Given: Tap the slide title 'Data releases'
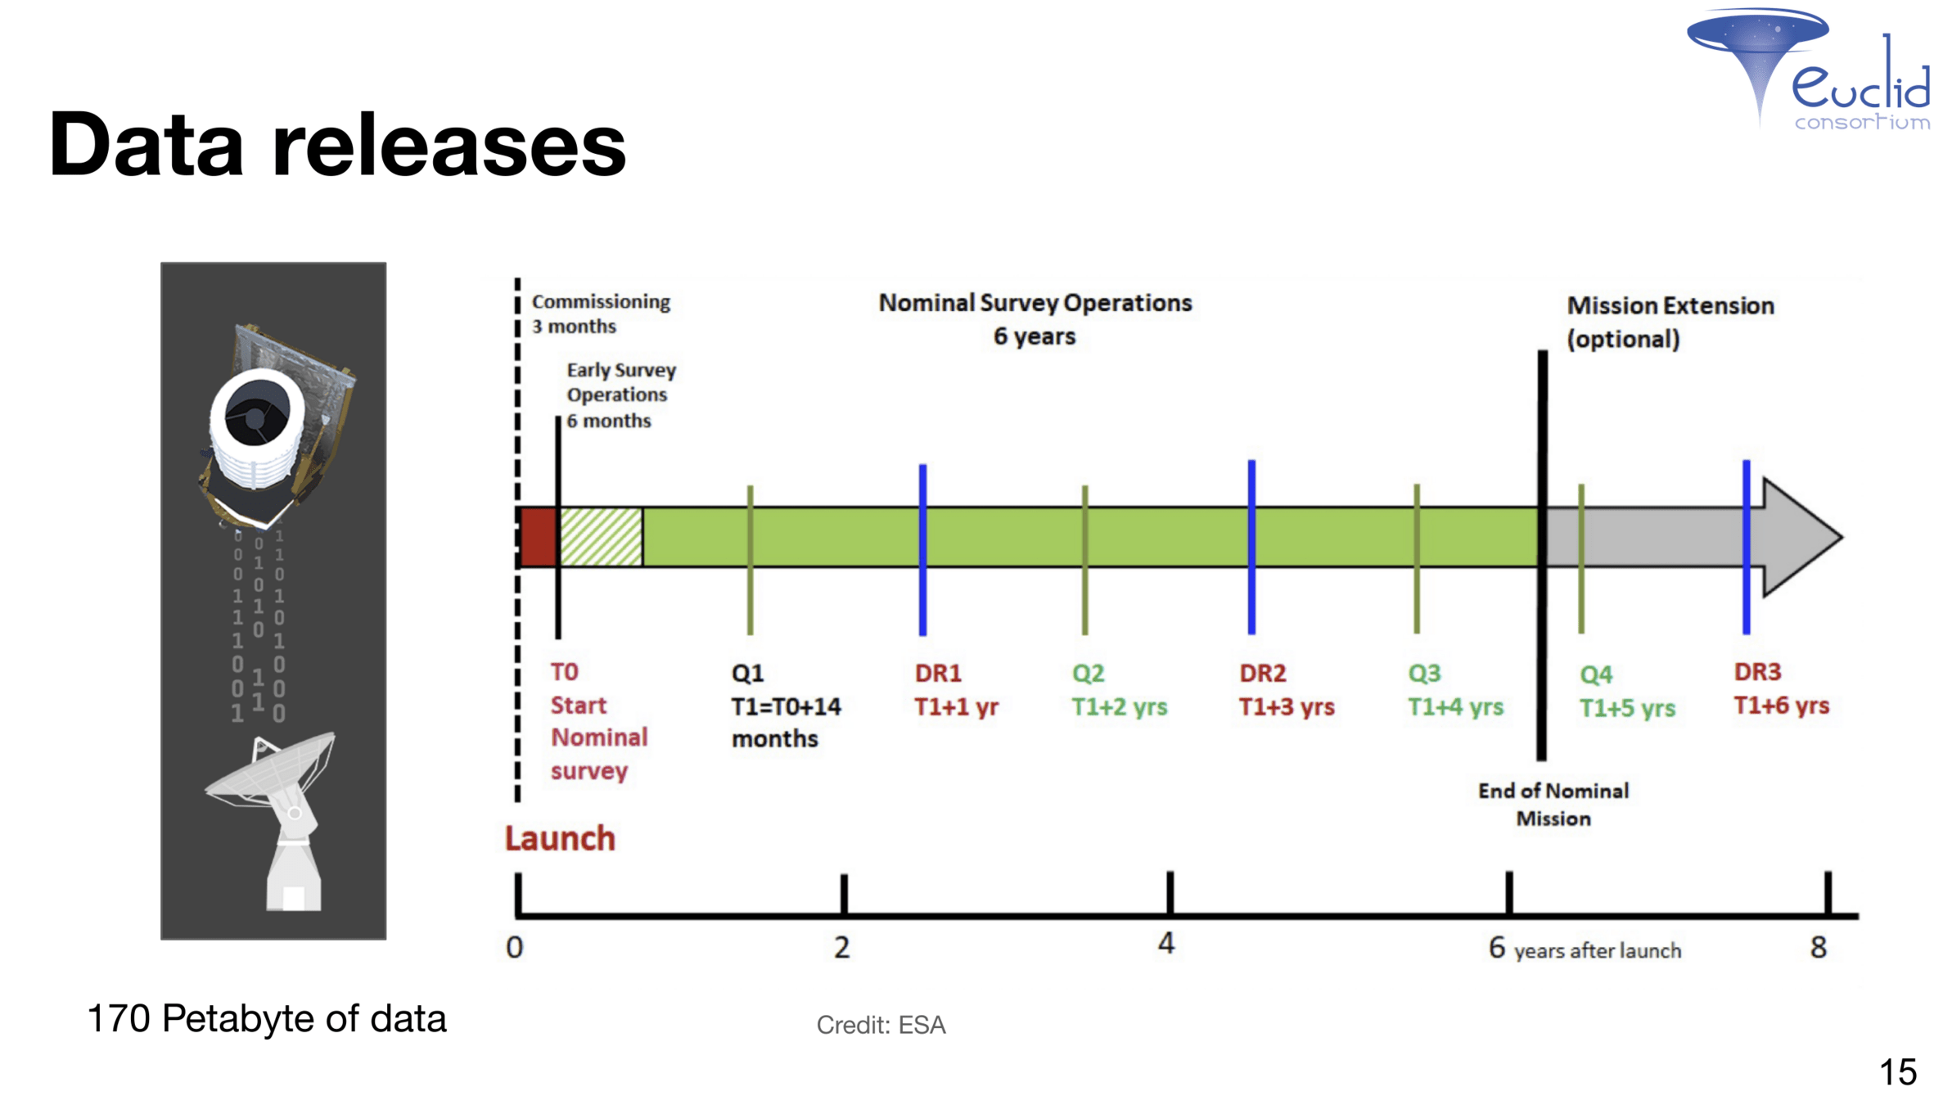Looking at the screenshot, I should pos(337,145).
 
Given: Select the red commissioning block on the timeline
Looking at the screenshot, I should pos(539,537).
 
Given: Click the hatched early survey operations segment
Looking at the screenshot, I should pos(601,537).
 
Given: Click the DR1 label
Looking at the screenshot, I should pos(938,673).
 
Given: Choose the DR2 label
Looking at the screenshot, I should pos(1262,673).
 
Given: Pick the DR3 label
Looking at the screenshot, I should pos(1757,672).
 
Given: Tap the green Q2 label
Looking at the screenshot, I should pos(1088,674).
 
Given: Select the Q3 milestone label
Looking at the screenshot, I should pos(1424,674).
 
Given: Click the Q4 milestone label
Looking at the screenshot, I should pos(1595,675).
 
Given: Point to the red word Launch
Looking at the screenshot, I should pos(560,839).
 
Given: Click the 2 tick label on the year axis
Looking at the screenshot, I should pos(841,948).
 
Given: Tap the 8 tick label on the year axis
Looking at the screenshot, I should pos(1818,948).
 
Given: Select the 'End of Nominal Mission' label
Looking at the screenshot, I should pos(1553,805).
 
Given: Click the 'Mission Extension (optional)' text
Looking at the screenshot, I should pos(1670,322).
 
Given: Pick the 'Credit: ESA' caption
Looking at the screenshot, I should pos(881,1025).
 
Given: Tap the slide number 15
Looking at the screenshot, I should pos(1898,1072).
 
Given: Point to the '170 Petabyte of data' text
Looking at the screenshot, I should pos(267,1019).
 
